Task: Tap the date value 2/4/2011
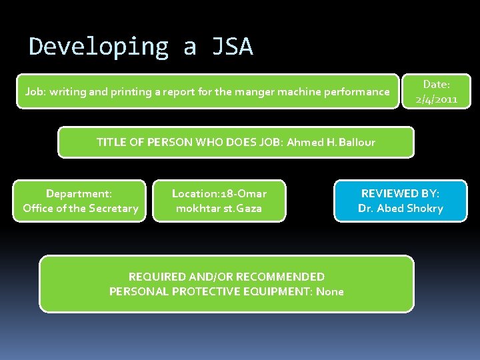[436, 99]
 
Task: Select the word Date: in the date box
[437, 85]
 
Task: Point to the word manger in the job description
[245, 91]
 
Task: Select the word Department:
[79, 193]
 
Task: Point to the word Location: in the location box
[194, 193]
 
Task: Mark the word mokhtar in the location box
[198, 208]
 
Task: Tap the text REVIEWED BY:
[400, 193]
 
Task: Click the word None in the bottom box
[330, 291]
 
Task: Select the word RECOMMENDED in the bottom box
[281, 277]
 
